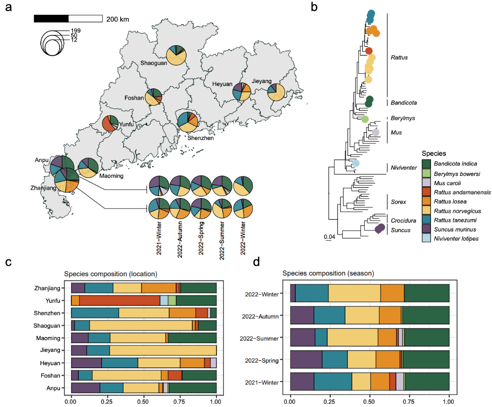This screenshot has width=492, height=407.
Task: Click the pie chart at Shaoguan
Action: click(x=176, y=55)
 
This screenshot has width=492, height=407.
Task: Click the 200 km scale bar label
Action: click(x=118, y=19)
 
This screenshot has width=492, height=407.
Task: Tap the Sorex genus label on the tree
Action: click(x=398, y=202)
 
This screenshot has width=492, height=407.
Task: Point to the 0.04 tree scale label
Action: click(x=329, y=236)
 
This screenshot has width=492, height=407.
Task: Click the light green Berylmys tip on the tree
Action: click(x=365, y=119)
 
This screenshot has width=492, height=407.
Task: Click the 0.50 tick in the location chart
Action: click(x=144, y=401)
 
